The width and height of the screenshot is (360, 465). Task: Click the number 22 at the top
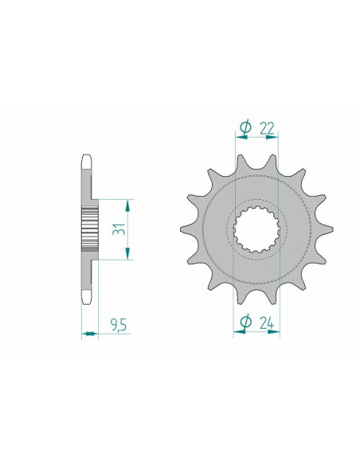coord(267,127)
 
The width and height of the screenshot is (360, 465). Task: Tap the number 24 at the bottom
coord(267,323)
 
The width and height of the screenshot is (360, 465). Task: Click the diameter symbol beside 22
coord(245,127)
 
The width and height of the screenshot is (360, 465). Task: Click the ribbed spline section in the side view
coord(88,228)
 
